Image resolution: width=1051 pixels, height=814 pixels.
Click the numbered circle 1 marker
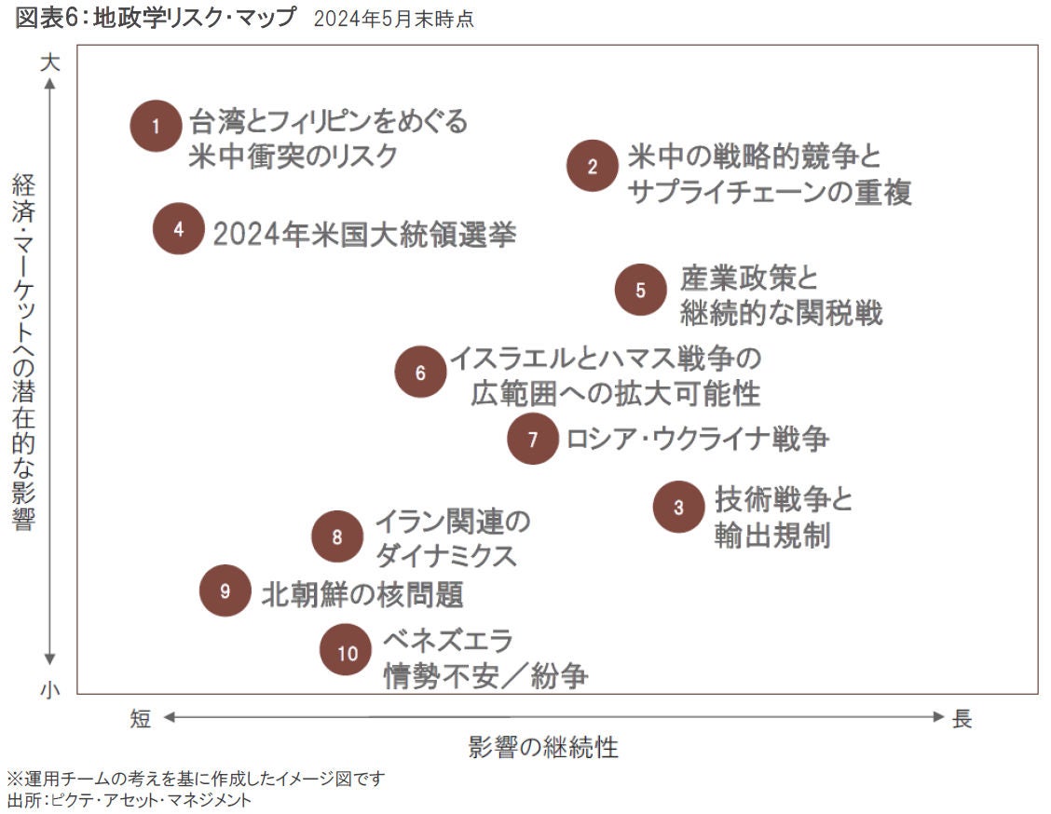(x=157, y=126)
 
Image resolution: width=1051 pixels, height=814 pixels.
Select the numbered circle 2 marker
(x=593, y=166)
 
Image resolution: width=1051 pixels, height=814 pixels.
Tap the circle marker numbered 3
(x=678, y=508)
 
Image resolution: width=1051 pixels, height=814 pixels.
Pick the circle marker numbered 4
(x=179, y=228)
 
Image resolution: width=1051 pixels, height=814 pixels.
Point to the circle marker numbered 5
(x=640, y=289)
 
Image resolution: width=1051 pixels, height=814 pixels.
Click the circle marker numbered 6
(x=420, y=373)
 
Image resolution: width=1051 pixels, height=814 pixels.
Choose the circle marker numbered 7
(x=533, y=439)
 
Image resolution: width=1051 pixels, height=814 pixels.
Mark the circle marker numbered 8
(x=337, y=536)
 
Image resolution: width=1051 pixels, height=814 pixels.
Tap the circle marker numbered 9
(x=225, y=590)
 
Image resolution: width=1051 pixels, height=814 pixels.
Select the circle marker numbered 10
(x=347, y=652)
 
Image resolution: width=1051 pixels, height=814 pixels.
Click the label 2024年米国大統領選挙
(x=364, y=233)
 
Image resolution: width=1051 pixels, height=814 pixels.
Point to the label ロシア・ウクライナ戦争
(x=697, y=438)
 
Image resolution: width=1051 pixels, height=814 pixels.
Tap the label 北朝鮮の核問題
(x=362, y=592)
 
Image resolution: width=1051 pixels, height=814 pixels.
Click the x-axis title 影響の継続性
(x=543, y=747)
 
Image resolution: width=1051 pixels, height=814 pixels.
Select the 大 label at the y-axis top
(x=50, y=63)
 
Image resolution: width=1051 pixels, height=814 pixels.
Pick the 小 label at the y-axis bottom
(x=50, y=689)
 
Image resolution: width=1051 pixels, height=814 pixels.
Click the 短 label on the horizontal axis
(x=140, y=718)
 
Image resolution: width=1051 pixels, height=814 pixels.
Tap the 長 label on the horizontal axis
(x=962, y=718)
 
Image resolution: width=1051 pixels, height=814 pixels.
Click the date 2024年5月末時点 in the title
(x=394, y=20)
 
